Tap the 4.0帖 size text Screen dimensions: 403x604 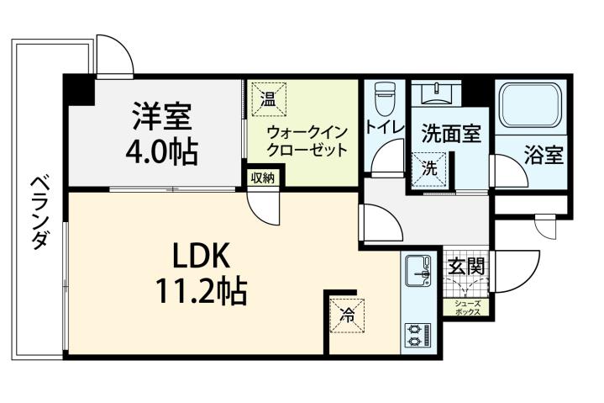coord(162,151)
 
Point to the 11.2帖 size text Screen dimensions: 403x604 coord(200,291)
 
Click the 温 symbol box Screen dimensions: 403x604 coord(268,99)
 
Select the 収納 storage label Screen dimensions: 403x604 coord(263,178)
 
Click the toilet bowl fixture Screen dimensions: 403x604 coord(384,98)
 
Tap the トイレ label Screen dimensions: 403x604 coord(386,129)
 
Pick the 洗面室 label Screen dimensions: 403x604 coord(451,133)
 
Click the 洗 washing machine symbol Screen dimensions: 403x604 coord(429,167)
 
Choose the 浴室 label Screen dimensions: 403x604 coord(544,156)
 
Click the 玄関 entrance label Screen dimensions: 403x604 coord(465,268)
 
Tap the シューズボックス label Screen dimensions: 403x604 coord(468,308)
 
